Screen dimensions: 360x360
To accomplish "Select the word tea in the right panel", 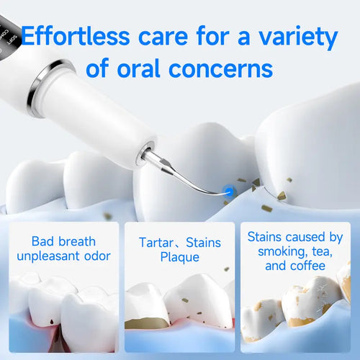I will click(319, 253).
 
